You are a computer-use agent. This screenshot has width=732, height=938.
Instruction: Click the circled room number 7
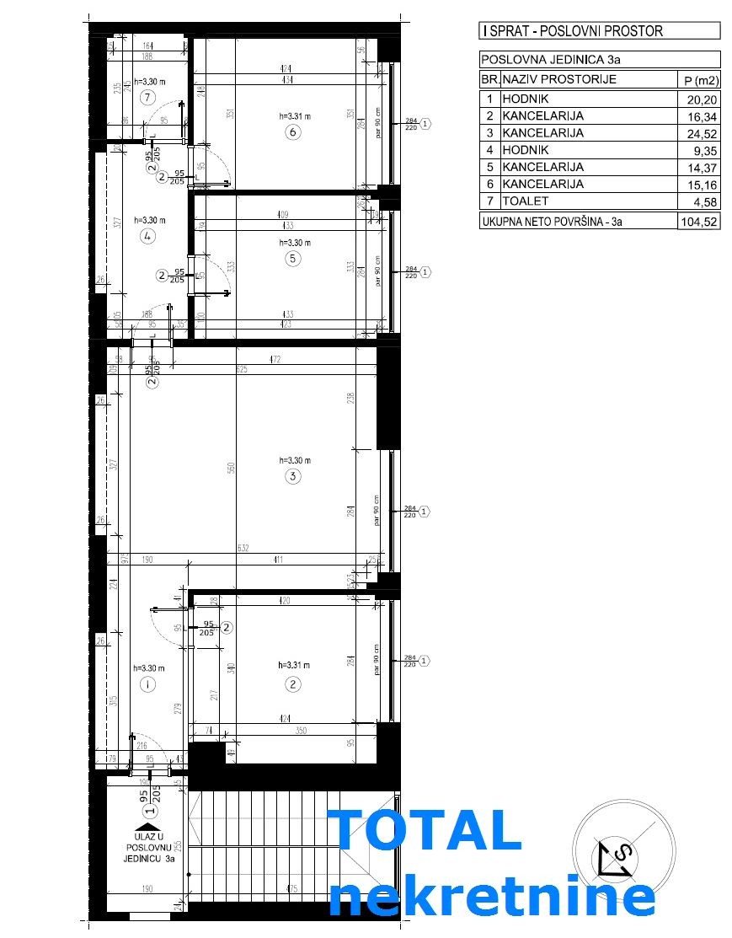[147, 97]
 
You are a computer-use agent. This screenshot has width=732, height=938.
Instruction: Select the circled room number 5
[292, 259]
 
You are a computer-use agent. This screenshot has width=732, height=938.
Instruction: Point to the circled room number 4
[147, 237]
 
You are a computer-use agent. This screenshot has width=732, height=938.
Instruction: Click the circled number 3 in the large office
[292, 477]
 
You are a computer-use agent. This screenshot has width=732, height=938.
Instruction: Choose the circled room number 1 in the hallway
[147, 684]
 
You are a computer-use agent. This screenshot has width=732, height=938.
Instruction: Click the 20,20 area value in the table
[698, 98]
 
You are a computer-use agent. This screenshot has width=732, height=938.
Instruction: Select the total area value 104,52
[698, 222]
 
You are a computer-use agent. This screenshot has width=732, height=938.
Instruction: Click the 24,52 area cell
[698, 132]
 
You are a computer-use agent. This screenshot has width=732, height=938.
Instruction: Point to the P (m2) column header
[698, 80]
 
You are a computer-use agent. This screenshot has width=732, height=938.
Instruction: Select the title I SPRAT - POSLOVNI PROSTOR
[573, 31]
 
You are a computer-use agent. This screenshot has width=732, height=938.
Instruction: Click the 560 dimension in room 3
[232, 469]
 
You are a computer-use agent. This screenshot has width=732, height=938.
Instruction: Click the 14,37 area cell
[698, 167]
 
